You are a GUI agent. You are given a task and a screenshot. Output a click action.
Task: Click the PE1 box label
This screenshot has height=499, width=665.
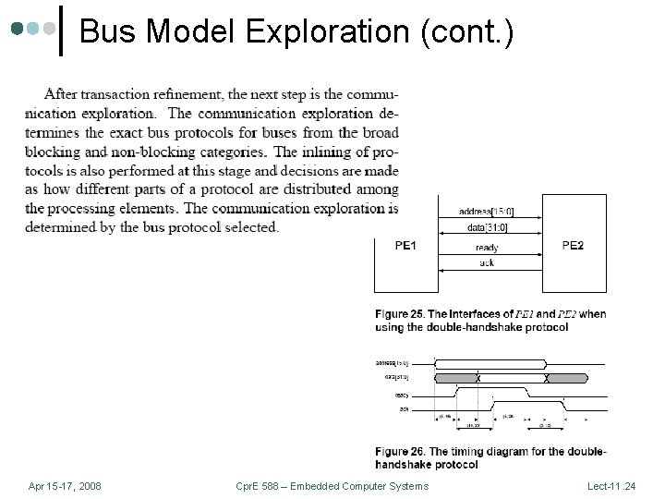405,246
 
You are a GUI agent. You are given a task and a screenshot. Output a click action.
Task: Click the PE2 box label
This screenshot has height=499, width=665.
573,246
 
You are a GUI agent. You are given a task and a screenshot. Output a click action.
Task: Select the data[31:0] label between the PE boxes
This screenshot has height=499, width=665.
488,227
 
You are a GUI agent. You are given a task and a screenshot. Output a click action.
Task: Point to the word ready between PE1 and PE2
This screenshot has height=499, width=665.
487,248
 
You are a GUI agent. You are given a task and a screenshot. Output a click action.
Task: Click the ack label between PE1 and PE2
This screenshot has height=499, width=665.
487,263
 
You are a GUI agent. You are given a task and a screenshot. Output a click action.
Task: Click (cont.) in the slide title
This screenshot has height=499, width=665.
466,32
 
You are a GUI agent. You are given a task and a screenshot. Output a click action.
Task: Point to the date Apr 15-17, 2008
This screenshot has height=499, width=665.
65,486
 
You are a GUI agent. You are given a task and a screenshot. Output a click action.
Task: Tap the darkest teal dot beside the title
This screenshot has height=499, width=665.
18,29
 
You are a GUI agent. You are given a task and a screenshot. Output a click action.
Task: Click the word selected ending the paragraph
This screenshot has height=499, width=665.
251,227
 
